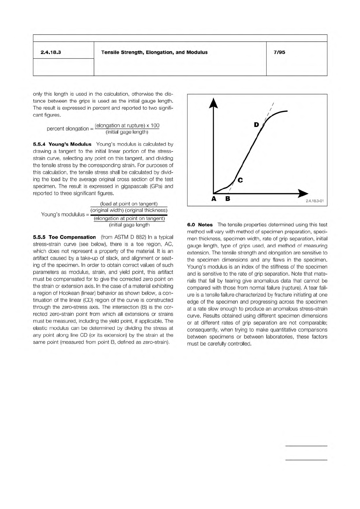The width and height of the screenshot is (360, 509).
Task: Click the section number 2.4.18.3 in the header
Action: point(51,52)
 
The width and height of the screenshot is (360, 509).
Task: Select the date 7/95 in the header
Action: point(279,52)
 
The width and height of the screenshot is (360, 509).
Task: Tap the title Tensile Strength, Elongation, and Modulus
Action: point(154,52)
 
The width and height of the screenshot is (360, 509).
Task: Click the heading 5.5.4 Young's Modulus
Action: point(62,144)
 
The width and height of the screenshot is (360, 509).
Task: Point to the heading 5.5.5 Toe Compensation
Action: point(64,237)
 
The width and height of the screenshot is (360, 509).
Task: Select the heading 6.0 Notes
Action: point(200,225)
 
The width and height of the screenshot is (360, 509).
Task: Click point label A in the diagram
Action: point(214,199)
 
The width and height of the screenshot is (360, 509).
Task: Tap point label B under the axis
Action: point(228,199)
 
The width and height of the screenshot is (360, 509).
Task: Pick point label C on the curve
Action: point(240,180)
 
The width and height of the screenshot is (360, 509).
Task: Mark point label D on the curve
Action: point(256,125)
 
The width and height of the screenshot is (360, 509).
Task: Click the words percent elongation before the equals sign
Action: point(68,129)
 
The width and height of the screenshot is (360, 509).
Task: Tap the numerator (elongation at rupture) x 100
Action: point(127,125)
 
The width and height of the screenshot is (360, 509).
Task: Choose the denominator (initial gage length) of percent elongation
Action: point(127,132)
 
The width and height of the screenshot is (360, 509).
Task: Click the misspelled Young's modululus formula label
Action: point(63,214)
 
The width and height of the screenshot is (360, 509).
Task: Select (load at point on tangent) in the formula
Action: point(129,204)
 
